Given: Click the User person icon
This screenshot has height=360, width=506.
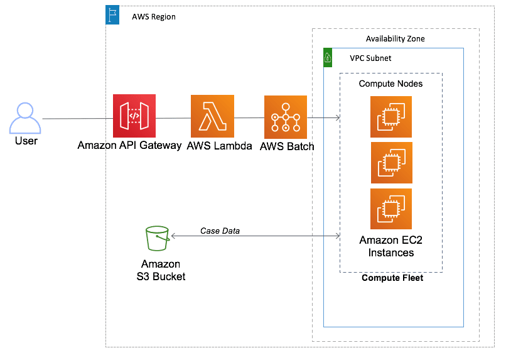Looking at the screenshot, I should point(26,118).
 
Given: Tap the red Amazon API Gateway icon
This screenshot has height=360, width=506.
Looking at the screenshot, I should point(134,116).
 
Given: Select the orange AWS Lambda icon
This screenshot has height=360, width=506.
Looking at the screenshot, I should point(212,116).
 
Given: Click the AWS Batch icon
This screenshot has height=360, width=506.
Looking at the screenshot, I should point(286,117).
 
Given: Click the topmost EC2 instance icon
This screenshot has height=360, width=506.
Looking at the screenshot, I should point(390,117).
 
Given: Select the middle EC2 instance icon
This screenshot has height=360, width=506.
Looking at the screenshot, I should point(390,163).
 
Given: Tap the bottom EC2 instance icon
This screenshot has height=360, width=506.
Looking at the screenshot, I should point(390,209).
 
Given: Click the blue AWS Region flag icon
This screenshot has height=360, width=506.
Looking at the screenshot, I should point(113,16).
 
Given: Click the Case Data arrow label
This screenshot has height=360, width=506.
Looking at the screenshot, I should point(220,231).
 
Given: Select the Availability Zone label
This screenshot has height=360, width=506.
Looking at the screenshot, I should point(395,39).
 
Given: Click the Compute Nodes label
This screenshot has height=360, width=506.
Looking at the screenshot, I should point(390,84).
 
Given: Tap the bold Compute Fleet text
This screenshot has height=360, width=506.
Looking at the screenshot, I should point(392,278).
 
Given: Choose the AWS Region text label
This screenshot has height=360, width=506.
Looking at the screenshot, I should point(154,17).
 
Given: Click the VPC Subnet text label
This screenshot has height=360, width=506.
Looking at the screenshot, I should point(370,58).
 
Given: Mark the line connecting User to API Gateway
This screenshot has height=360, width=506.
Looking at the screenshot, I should point(77,118).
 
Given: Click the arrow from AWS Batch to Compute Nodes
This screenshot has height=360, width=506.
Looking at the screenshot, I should point(323,117).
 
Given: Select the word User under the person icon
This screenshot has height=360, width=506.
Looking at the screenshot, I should point(26,141).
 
